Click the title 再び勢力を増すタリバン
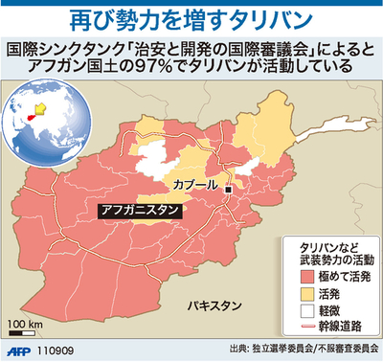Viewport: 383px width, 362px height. [191, 18]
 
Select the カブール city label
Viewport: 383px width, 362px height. [198, 183]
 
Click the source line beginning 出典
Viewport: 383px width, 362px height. [302, 351]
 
